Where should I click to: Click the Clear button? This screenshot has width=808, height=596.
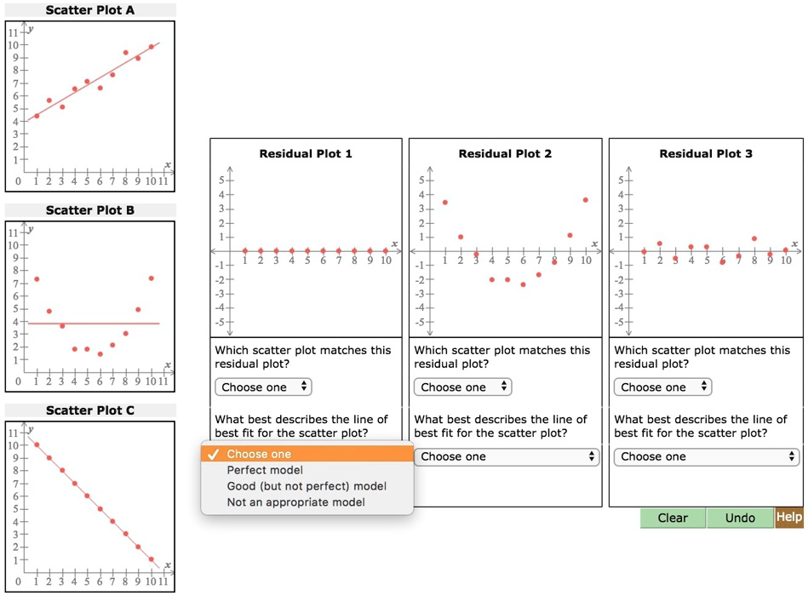673,518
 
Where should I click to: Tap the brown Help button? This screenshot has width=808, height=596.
789,517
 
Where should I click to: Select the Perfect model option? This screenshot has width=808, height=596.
265,470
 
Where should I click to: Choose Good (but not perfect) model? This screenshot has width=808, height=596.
307,486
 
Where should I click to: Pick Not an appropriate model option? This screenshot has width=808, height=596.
295,502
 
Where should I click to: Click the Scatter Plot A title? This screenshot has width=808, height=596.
90,10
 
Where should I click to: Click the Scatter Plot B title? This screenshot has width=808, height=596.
90,210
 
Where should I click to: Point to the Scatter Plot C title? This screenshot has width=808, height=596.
90,410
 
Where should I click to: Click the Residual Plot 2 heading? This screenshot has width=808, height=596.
505,154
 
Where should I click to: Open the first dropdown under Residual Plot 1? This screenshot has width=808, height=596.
263,387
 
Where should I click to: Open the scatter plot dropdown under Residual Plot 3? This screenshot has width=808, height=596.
662,387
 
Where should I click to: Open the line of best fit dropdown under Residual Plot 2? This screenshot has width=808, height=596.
508,456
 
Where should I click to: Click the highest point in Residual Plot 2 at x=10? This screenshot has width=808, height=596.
586,200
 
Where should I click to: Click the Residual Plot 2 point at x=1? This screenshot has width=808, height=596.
444,203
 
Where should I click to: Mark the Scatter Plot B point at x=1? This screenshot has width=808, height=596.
37,279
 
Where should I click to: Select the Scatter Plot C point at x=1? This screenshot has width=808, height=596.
37,444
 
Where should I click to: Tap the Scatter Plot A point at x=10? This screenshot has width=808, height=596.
151,47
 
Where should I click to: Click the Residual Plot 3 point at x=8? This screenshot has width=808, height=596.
754,239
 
